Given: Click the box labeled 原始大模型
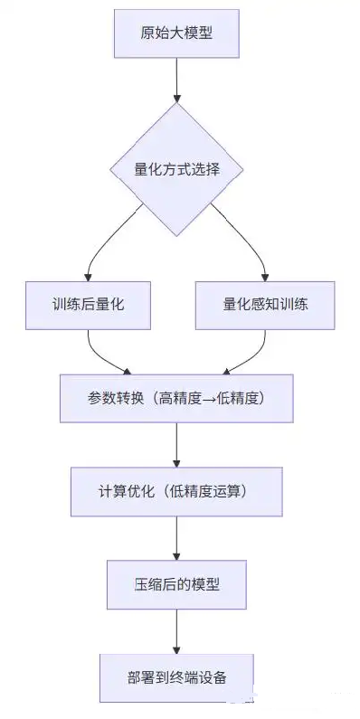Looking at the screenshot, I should [x=176, y=34].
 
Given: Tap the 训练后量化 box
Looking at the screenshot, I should [x=88, y=304].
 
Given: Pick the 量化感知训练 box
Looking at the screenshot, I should [x=265, y=304].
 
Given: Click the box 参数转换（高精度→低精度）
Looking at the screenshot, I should [x=176, y=398].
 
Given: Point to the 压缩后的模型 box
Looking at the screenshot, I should [x=176, y=583].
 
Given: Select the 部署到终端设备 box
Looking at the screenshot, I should [x=176, y=676].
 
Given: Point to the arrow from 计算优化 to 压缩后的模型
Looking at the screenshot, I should [x=176, y=537].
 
